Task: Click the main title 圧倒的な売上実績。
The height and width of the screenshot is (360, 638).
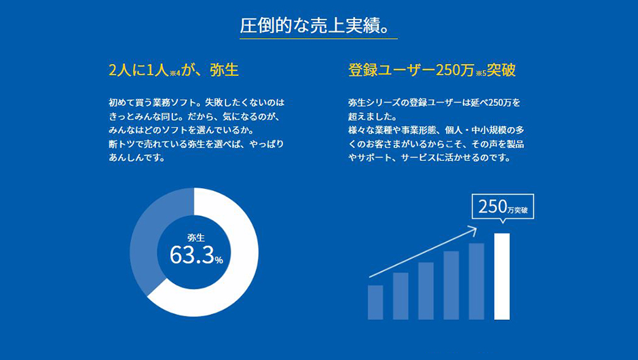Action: click(315, 26)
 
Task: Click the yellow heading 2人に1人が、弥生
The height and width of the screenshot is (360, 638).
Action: click(173, 70)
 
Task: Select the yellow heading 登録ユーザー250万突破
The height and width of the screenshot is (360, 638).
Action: click(432, 70)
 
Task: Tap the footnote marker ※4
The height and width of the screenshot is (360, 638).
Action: click(175, 73)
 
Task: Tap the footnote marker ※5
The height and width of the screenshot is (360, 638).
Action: click(481, 73)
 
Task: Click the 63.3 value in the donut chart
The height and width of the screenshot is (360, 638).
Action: click(191, 255)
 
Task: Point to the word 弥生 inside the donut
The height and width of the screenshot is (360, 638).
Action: click(195, 238)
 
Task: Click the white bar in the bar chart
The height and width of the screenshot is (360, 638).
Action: click(502, 276)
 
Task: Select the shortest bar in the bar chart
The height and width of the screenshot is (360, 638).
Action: click(375, 302)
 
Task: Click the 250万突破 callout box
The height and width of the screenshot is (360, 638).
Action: click(503, 206)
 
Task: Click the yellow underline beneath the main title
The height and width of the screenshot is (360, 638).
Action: click(318, 39)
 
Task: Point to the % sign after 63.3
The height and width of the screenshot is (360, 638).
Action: click(219, 260)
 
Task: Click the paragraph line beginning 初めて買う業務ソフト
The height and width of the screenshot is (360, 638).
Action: click(197, 103)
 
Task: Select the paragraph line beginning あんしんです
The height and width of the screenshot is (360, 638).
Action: click(136, 158)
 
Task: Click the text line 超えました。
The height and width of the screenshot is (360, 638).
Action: click(373, 116)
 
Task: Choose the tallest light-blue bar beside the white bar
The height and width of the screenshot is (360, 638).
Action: click(476, 281)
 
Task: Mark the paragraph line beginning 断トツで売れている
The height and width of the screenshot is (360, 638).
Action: click(196, 144)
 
